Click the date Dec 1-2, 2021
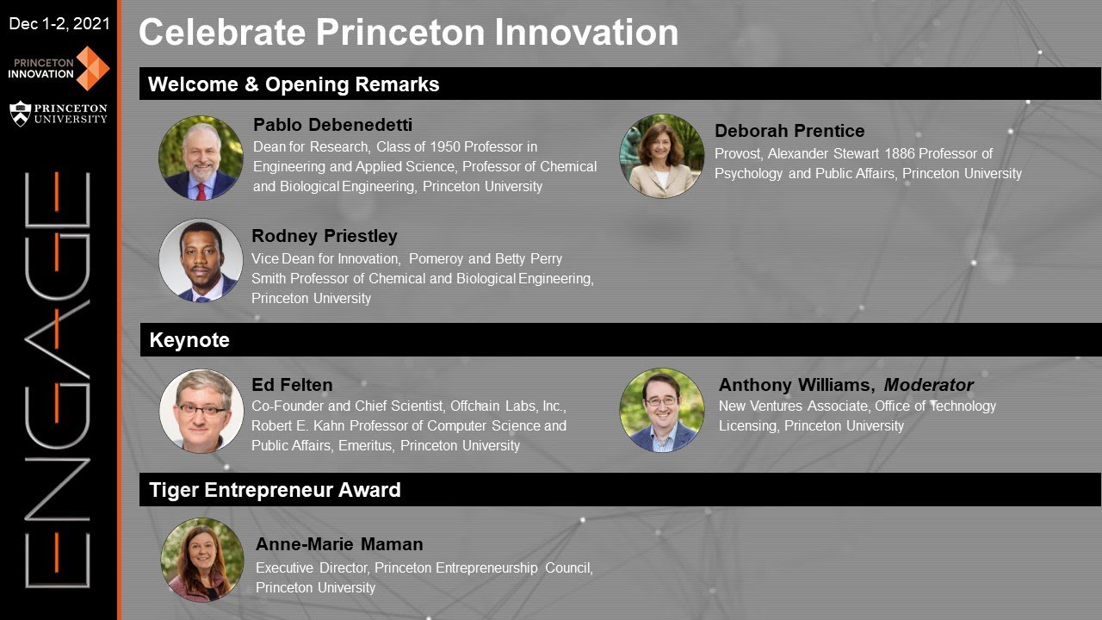(59, 24)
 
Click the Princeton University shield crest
(20, 113)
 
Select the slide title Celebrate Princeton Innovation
(408, 33)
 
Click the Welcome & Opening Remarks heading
(294, 84)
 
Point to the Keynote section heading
(189, 340)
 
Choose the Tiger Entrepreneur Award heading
(275, 490)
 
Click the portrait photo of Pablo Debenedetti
(201, 158)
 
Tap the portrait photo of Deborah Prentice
(661, 156)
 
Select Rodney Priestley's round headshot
(201, 260)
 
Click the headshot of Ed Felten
(201, 411)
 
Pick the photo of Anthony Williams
(661, 410)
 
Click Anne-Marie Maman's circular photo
(202, 560)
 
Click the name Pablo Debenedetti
(332, 126)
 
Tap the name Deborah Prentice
(789, 131)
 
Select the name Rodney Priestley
(325, 236)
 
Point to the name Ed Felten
(292, 385)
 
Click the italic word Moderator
(928, 385)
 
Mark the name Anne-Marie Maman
(339, 544)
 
